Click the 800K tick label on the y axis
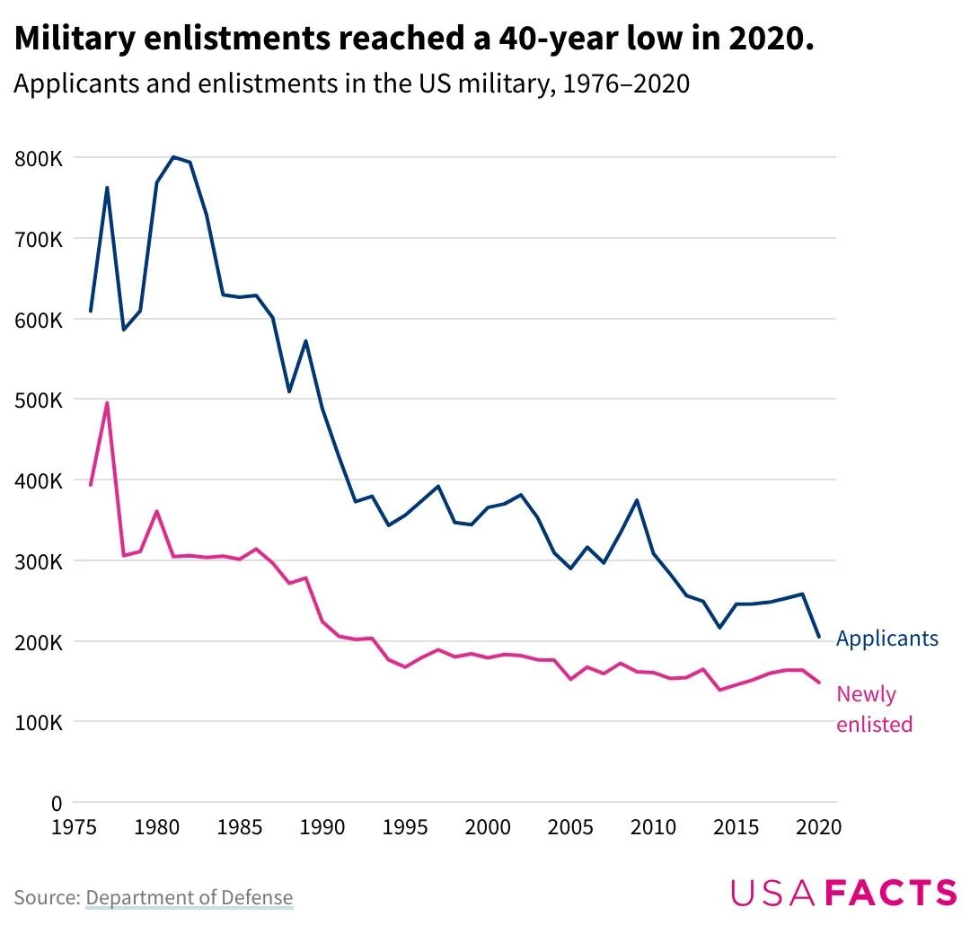(38, 159)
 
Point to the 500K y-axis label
(38, 401)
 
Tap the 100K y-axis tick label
(38, 723)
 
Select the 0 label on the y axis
(56, 803)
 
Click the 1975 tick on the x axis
(75, 827)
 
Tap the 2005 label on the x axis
(571, 827)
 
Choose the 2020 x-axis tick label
(818, 827)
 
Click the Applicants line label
(886, 639)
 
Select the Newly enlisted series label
(874, 709)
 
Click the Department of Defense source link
(190, 897)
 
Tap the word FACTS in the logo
(890, 893)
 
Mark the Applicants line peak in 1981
(173, 157)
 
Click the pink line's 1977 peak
(107, 402)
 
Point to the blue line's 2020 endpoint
(818, 637)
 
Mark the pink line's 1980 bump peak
(156, 512)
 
